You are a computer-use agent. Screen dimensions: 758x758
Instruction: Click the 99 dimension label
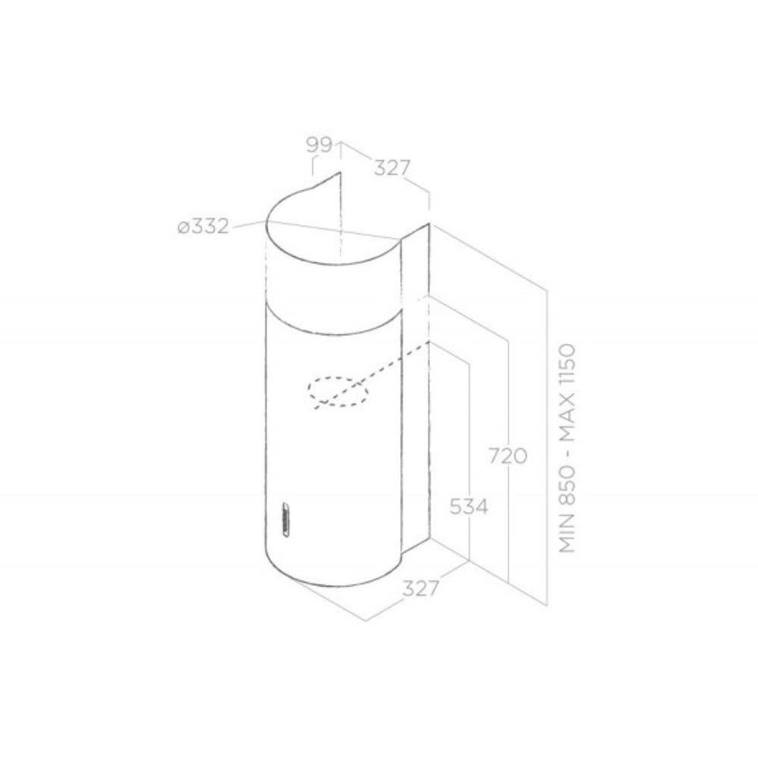(320, 145)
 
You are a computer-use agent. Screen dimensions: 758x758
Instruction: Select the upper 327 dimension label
(392, 168)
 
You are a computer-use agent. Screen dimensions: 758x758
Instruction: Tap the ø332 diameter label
(203, 226)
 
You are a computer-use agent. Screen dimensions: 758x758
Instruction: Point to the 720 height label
(507, 456)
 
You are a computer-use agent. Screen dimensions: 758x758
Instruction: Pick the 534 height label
(468, 506)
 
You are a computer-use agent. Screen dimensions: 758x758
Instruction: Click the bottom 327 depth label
(420, 588)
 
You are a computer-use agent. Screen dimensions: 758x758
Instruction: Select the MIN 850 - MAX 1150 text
(568, 448)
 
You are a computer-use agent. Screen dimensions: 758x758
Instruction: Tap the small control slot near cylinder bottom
(285, 519)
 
